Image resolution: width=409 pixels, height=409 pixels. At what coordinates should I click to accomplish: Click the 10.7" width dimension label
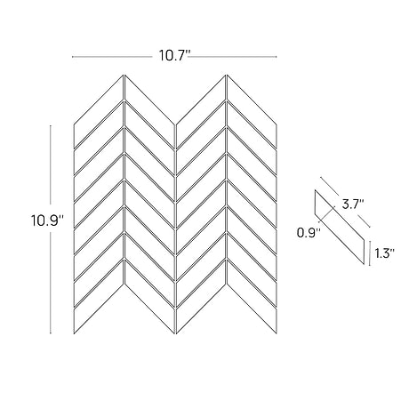pyautogui.click(x=174, y=55)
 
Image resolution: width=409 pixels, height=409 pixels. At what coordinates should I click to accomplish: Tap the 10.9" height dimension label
pyautogui.click(x=48, y=221)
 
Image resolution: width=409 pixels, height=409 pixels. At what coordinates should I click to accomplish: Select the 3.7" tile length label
pyautogui.click(x=353, y=204)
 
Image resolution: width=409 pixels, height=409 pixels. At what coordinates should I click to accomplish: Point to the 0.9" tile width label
pyautogui.click(x=309, y=233)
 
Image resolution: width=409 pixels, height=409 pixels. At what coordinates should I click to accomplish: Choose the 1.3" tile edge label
pyautogui.click(x=384, y=253)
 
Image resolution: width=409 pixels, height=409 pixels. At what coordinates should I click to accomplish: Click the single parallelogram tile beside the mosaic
pyautogui.click(x=340, y=227)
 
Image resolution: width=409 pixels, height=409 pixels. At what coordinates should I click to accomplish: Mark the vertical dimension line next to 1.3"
pyautogui.click(x=370, y=253)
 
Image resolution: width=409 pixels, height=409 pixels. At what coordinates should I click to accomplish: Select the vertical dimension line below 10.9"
pyautogui.click(x=51, y=283)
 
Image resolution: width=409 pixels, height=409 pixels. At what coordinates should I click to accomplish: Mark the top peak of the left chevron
pyautogui.click(x=124, y=75)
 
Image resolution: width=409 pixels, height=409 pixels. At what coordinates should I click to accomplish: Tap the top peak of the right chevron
pyautogui.click(x=227, y=75)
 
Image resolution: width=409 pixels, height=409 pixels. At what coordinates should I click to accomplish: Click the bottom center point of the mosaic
pyautogui.click(x=175, y=333)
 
